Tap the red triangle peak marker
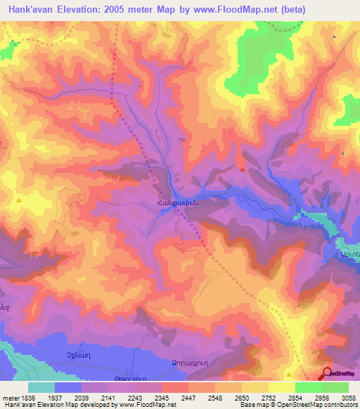pyautogui.click(x=243, y=169)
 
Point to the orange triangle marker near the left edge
pyautogui.click(x=20, y=201)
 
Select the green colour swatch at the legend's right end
pyautogui.click(x=335, y=387)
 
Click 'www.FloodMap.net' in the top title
pyautogui.click(x=231, y=10)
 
